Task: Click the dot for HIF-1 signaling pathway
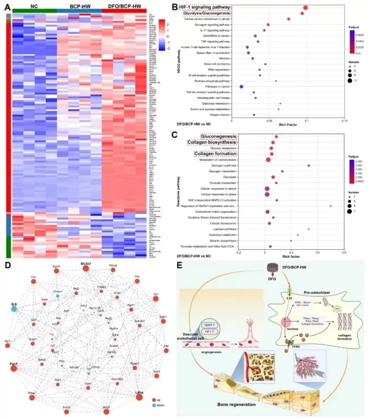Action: tap(306, 8)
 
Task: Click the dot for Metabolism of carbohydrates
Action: tap(269, 159)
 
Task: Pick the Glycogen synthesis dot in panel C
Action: tap(309, 165)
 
